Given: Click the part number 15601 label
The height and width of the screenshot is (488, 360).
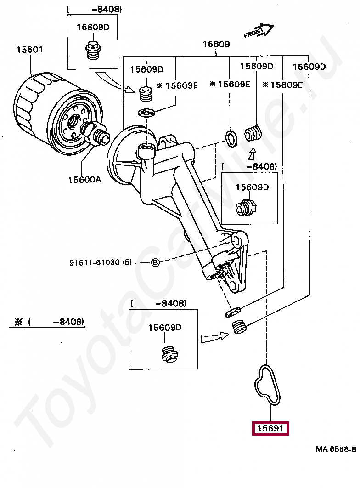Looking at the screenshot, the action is (30, 50).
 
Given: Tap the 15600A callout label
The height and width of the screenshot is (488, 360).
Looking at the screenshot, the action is (84, 180).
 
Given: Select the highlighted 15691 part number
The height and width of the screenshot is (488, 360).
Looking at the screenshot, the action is (270, 429).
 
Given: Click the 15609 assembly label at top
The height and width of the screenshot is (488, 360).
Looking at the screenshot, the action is (216, 44).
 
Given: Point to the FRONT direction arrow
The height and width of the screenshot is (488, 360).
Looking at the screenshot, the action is (259, 31).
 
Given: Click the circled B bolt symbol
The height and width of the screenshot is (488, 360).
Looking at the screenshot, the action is (155, 263).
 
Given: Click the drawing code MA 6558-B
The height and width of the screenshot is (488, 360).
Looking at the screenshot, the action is (336, 449).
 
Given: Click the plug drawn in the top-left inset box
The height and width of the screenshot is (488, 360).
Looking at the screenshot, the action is (93, 50).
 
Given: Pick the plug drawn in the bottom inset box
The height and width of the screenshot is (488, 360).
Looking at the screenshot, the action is (169, 354).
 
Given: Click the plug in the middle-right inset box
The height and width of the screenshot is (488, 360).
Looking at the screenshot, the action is (246, 207).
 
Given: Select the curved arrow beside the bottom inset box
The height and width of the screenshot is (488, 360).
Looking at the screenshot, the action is (215, 337).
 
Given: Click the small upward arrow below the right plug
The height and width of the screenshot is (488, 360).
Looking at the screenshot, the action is (252, 154).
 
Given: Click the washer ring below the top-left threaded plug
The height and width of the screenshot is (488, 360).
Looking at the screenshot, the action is (146, 113).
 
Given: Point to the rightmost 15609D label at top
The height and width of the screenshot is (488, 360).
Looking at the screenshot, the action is (309, 67).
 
